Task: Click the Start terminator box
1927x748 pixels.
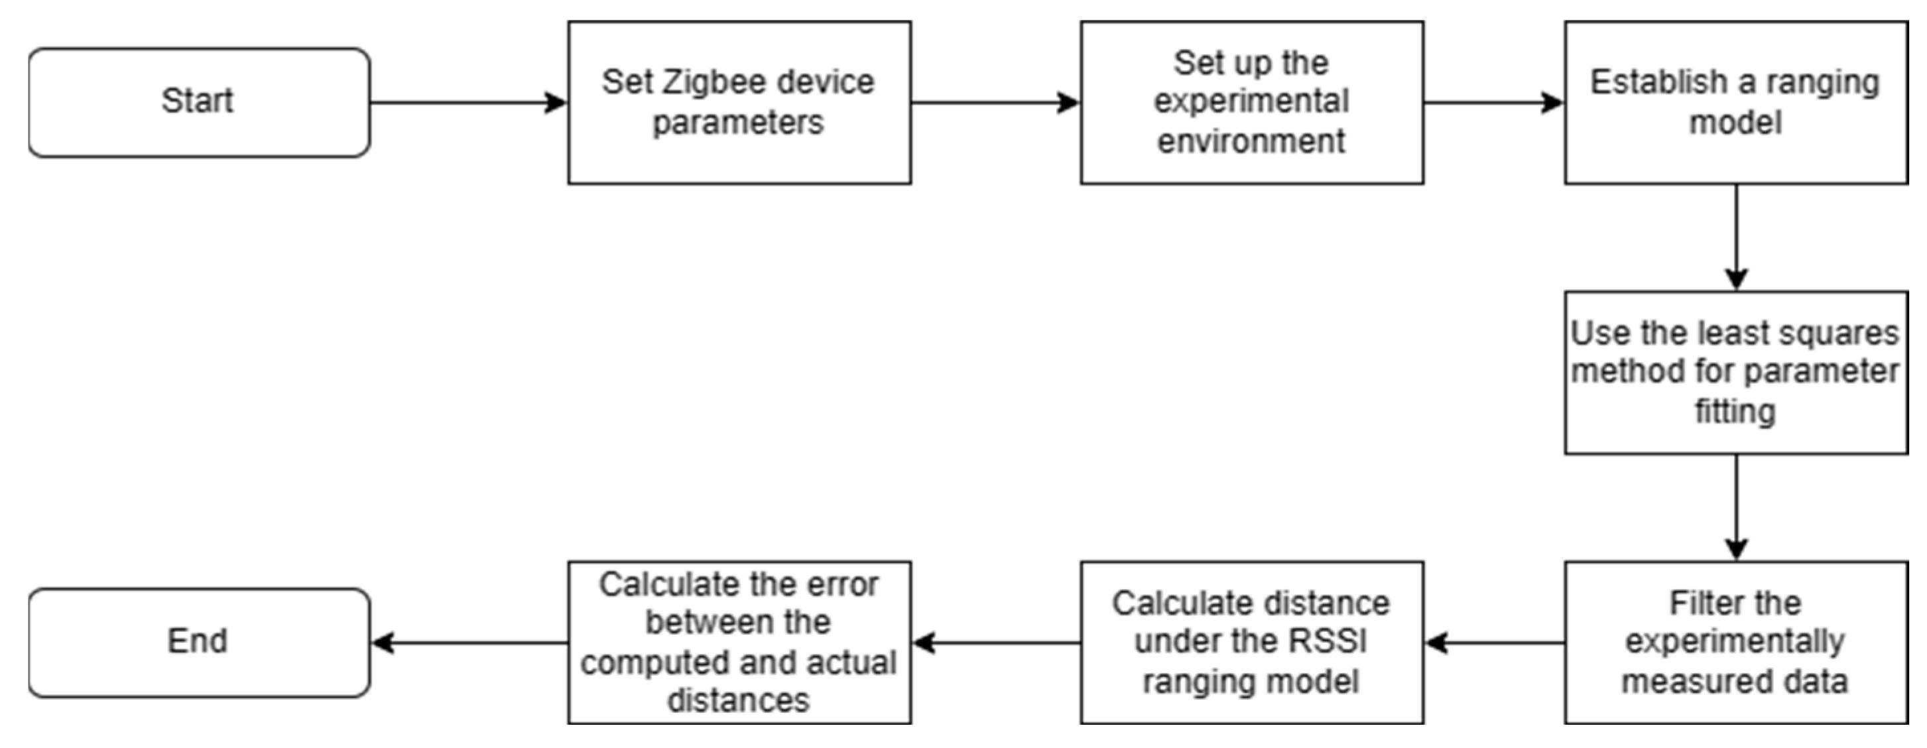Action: click(199, 103)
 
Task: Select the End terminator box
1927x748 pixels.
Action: click(199, 642)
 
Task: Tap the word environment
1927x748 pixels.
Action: click(1251, 141)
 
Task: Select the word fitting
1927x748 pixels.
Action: click(1735, 411)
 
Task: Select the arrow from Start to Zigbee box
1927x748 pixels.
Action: click(468, 103)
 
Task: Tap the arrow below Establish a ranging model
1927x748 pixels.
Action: click(1735, 236)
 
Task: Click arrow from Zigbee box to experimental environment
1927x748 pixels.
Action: click(995, 103)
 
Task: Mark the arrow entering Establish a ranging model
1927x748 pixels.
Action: click(1493, 103)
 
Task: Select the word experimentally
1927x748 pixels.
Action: click(1735, 642)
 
